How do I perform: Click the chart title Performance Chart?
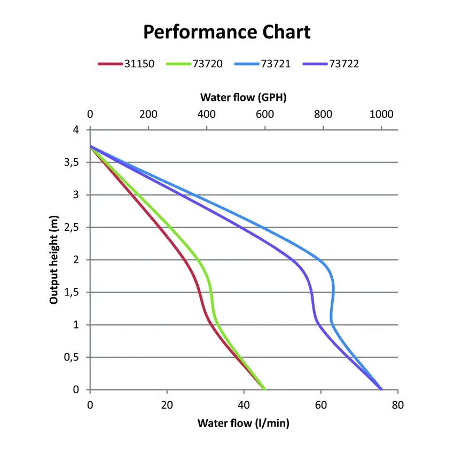click(x=226, y=32)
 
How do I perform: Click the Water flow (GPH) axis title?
click(x=244, y=97)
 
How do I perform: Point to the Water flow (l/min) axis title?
click(x=244, y=424)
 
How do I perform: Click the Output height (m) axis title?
click(x=53, y=260)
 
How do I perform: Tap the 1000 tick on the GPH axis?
click(x=381, y=114)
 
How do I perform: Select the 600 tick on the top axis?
click(x=265, y=114)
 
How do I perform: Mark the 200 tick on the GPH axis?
click(x=148, y=114)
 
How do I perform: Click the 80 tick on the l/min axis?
click(x=397, y=405)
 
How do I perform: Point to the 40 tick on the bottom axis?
click(x=244, y=405)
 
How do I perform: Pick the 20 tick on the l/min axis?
click(x=167, y=405)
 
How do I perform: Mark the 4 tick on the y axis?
click(x=76, y=130)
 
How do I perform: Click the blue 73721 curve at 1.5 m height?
click(x=334, y=292)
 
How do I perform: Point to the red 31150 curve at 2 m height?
click(x=184, y=260)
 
